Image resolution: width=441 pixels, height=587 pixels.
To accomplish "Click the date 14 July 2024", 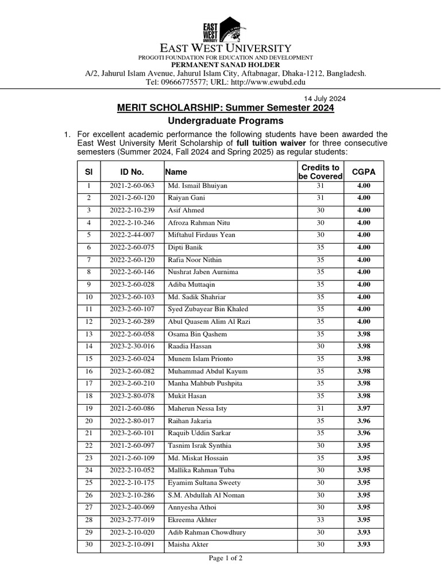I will coord(324,98).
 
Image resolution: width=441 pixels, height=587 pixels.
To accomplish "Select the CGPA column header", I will coord(364,171).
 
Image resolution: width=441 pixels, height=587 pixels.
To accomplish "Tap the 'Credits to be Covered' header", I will coord(320,171).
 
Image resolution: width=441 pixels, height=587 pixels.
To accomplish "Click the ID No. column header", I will coord(132,171).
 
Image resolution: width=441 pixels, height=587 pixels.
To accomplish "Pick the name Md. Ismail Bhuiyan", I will coord(198,186).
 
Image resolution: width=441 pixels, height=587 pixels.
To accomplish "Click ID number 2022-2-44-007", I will coord(132,235).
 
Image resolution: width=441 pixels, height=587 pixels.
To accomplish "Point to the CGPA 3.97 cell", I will coord(364,409).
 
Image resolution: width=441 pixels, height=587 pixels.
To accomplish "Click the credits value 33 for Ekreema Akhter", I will coord(320,520).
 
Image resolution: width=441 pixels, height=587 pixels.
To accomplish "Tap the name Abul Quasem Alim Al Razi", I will coord(209,322).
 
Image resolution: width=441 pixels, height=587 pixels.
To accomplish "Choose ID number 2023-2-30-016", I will coord(132,346).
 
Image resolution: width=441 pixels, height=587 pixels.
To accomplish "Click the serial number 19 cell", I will coord(88,409).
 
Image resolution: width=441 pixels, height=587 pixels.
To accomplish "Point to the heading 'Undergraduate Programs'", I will coord(226,121).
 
